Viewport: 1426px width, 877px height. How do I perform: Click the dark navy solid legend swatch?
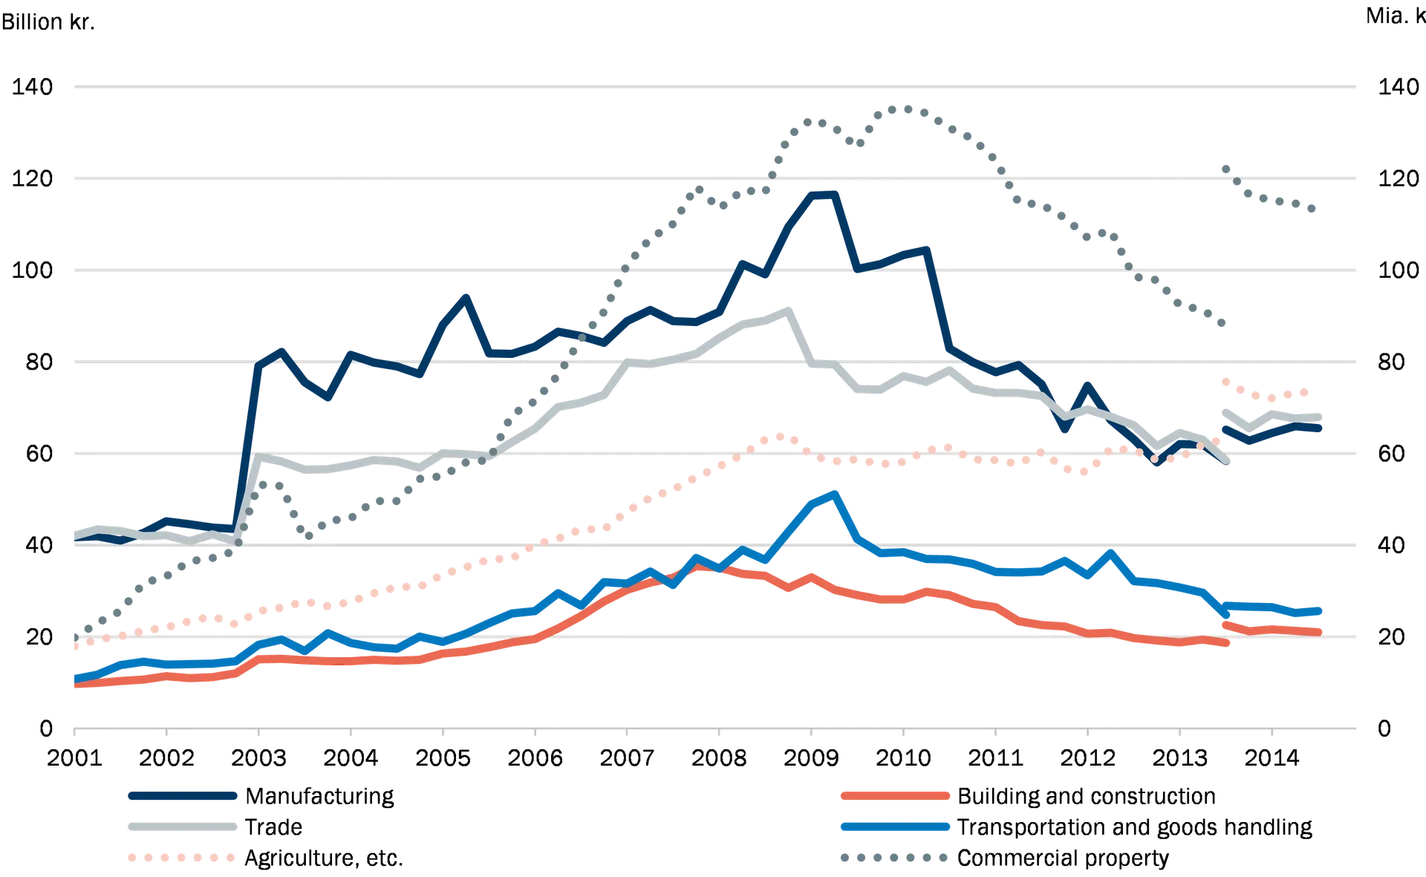pos(181,796)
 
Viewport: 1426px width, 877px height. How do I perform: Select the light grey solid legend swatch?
pos(181,827)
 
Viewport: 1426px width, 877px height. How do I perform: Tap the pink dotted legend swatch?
pos(181,858)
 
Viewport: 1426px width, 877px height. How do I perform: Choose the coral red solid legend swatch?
pos(894,796)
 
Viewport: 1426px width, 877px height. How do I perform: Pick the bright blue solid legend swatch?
pos(894,827)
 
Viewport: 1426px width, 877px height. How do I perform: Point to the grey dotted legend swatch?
pos(894,858)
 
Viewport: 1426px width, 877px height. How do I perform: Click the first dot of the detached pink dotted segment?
pos(1222,379)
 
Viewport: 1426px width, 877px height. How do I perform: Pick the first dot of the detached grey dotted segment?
pos(1224,166)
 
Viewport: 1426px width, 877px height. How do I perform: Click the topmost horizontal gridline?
pos(713,88)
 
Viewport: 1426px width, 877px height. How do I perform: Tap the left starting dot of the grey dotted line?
pos(76,636)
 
